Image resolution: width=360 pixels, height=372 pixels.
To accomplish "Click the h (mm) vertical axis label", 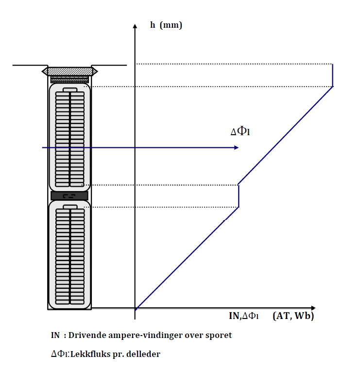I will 166,25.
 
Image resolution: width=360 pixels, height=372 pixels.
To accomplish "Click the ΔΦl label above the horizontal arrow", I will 240,132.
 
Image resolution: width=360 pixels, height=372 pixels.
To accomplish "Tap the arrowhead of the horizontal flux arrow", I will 236,147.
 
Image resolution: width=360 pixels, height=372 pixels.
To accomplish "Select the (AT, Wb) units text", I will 293,316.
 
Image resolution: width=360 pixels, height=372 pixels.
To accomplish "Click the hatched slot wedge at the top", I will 69,71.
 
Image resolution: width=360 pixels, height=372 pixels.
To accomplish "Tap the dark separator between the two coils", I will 69,196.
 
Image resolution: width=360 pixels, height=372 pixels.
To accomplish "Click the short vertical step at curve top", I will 333,75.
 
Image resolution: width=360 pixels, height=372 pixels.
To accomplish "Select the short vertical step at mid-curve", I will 239,196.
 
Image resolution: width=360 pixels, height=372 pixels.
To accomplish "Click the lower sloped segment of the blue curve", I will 187,258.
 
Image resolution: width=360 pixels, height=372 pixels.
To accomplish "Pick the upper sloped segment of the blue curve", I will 286,135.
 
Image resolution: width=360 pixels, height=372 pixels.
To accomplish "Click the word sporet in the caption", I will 219,336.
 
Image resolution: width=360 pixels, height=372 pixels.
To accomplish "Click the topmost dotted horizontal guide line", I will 233,64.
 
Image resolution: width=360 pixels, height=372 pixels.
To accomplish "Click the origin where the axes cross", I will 135,308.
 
